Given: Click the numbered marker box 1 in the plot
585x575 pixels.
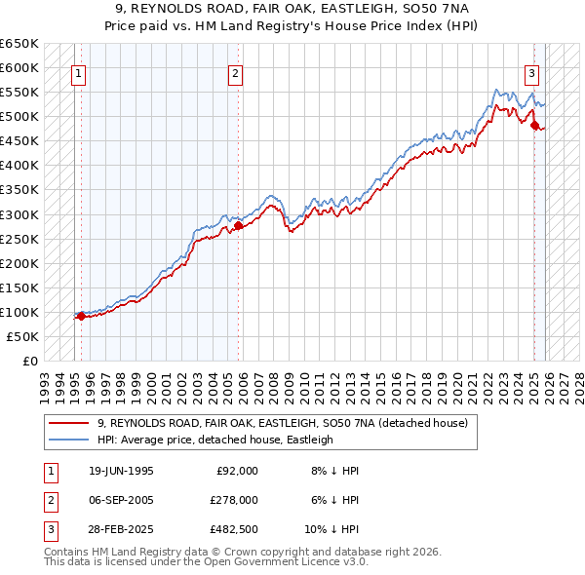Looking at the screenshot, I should (x=78, y=71).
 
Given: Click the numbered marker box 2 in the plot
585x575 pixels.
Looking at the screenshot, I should (x=236, y=71).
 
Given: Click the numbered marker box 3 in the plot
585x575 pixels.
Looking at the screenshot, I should (x=531, y=71).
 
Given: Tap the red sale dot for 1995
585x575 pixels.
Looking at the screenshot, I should (x=81, y=316).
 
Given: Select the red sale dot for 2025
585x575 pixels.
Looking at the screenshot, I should (x=534, y=125).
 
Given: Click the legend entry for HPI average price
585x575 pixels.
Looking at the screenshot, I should (x=215, y=440).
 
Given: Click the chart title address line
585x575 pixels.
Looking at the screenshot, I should (x=292, y=8).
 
